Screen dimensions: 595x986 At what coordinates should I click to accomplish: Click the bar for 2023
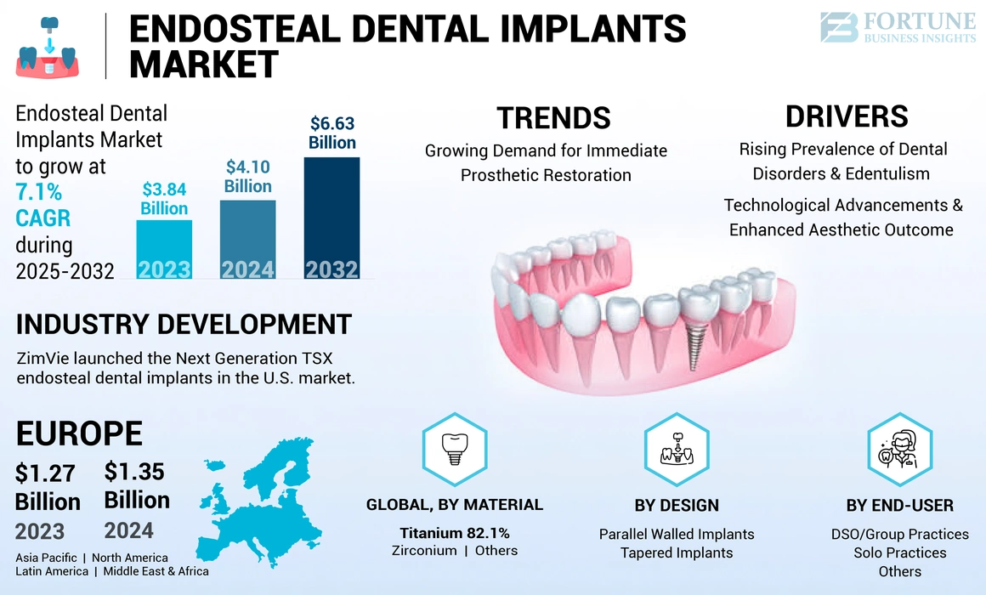tap(164, 248)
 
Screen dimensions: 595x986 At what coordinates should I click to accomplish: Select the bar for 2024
tap(247, 239)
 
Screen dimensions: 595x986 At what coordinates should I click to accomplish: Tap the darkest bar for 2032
tap(331, 217)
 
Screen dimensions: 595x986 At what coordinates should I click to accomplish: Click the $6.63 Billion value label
tap(331, 133)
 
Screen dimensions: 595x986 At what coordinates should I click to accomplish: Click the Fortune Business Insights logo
tap(897, 27)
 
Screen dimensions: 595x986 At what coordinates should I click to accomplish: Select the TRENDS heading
tap(553, 118)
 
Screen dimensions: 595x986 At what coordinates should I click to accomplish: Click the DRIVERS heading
tap(846, 116)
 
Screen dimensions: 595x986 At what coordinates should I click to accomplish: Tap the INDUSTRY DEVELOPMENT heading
tap(184, 324)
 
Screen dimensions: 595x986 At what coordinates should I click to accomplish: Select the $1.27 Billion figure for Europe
tap(48, 487)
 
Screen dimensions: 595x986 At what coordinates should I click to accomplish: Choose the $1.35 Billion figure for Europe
tap(137, 485)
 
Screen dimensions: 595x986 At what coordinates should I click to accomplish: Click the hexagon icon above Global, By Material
tap(454, 447)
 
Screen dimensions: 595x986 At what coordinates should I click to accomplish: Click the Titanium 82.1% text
tap(454, 533)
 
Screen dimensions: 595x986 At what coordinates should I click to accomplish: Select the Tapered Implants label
tap(677, 552)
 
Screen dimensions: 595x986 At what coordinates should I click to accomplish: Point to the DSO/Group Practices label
tap(899, 534)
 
